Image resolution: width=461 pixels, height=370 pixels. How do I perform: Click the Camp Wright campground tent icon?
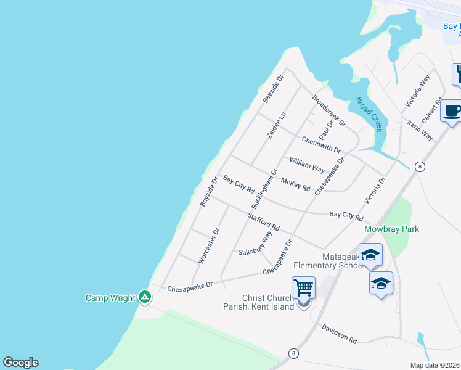click(x=145, y=298)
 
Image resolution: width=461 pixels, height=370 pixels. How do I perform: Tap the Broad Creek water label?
click(x=370, y=113)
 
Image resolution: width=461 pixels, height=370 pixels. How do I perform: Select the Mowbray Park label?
click(x=391, y=229)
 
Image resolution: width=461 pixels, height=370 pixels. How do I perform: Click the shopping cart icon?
click(x=303, y=287)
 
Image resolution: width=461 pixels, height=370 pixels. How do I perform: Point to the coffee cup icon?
click(x=452, y=111)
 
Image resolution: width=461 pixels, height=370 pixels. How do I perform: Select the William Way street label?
click(x=307, y=164)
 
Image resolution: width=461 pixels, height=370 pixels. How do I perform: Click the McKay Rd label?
click(x=295, y=184)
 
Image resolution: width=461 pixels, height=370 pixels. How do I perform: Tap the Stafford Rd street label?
click(x=264, y=222)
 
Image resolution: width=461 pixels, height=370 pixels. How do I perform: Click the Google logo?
click(x=20, y=363)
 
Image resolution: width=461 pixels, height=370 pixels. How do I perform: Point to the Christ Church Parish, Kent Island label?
click(x=268, y=302)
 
